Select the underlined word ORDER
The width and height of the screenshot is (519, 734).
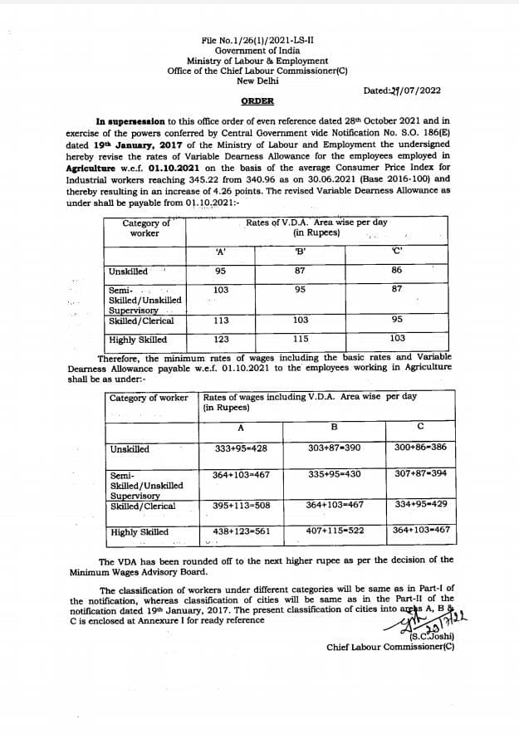[x=257, y=100]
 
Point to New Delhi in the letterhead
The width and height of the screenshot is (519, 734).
[x=258, y=81]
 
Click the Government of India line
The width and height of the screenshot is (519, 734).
[x=258, y=51]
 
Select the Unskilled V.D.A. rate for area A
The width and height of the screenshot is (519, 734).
[x=220, y=272]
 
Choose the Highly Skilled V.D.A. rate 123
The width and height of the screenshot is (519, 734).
[x=220, y=340]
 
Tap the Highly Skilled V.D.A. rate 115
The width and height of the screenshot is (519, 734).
[x=301, y=339]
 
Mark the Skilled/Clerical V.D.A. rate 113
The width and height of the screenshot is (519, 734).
[x=220, y=320]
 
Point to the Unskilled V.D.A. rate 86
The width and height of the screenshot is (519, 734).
[x=397, y=271]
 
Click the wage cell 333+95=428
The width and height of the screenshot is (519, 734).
[x=240, y=448]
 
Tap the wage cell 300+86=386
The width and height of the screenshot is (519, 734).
[x=420, y=448]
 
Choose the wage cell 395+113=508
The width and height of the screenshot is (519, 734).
[x=241, y=505]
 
